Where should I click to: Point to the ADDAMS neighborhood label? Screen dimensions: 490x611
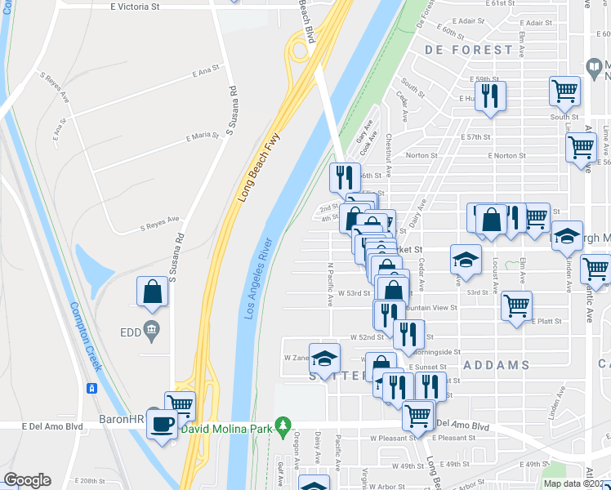pos(496,365)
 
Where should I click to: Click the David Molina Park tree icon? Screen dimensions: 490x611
pos(283,425)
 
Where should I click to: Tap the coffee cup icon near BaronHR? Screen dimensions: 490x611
pos(162,423)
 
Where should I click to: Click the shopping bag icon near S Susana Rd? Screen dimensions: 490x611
pos(153,292)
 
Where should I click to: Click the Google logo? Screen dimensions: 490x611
pos(27,480)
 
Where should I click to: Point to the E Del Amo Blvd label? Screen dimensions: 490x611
pos(53,425)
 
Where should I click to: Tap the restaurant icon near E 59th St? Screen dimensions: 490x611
pos(490,96)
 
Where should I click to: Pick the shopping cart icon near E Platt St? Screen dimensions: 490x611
pos(516,306)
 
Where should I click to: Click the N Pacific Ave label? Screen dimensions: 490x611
pos(330,284)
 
